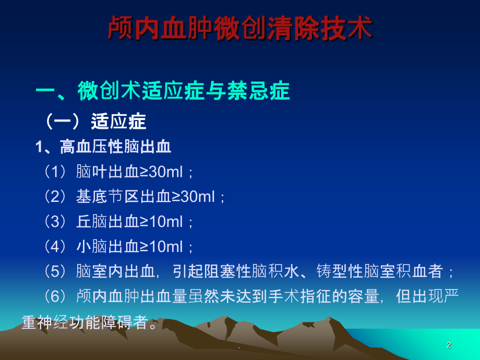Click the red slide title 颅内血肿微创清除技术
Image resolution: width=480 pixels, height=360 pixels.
(241, 28)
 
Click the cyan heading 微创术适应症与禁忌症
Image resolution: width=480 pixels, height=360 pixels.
(184, 91)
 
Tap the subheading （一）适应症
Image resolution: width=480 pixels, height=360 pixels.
(94, 121)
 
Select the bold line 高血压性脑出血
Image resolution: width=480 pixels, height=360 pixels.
(115, 146)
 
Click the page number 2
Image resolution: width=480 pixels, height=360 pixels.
(449, 345)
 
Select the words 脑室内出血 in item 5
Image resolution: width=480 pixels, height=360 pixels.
(116, 271)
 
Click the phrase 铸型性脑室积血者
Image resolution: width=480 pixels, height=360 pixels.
(380, 271)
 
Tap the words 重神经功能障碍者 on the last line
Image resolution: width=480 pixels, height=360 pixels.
(85, 322)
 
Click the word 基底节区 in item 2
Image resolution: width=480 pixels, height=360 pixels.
(108, 196)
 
